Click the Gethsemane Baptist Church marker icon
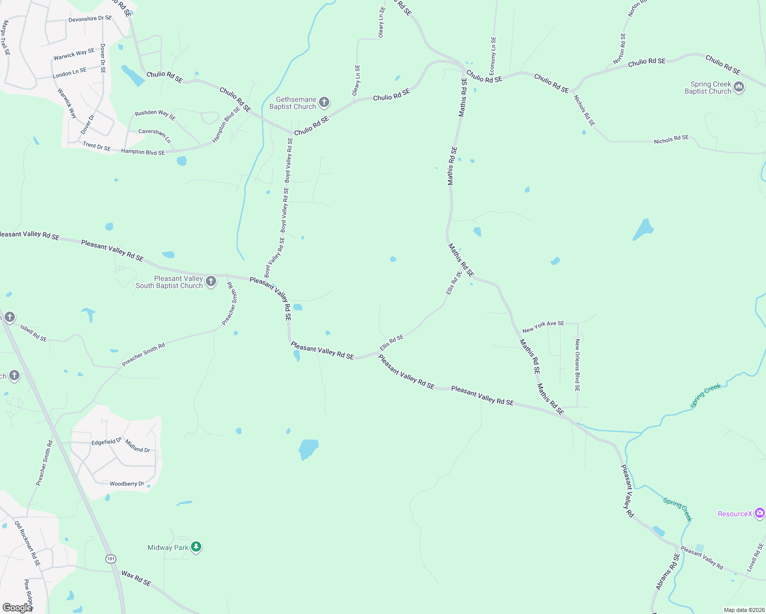(x=324, y=102)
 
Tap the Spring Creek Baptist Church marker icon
(x=738, y=87)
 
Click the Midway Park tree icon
(x=196, y=547)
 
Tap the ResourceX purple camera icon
(x=759, y=513)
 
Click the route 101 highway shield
(x=111, y=558)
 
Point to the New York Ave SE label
(x=543, y=326)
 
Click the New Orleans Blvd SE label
(x=577, y=365)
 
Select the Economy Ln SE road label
(x=493, y=56)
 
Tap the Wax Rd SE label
(x=136, y=578)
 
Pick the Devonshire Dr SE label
(x=90, y=19)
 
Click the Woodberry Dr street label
(x=126, y=484)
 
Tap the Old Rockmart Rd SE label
(x=27, y=543)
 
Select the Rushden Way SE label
(x=155, y=115)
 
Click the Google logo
(x=17, y=607)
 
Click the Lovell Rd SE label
(x=755, y=557)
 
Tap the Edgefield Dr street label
(x=107, y=442)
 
